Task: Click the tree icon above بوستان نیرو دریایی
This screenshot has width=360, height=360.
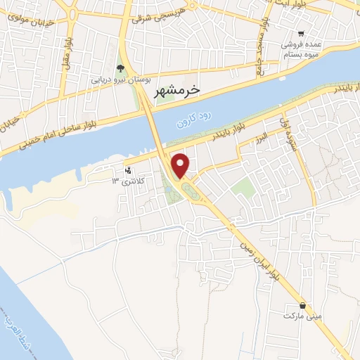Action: (x=120, y=68)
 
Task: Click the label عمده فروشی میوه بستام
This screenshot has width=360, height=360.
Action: (x=302, y=49)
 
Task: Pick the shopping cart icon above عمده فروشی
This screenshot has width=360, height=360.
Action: (x=301, y=34)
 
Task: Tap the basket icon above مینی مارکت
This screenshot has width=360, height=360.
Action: (x=302, y=306)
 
